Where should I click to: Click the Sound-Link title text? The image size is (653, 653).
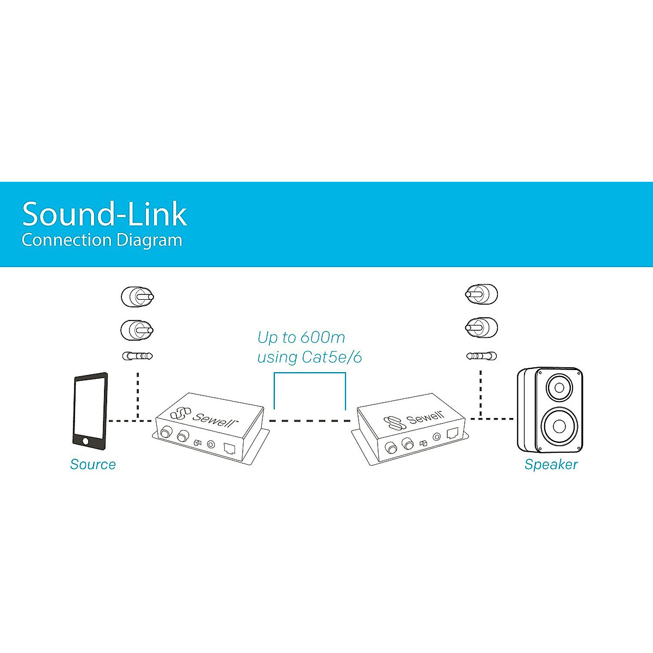pyautogui.click(x=104, y=214)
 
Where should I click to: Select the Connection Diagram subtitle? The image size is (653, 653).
pyautogui.click(x=102, y=240)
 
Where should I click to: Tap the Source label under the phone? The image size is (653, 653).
pyautogui.click(x=93, y=464)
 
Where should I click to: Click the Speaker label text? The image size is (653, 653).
pyautogui.click(x=551, y=464)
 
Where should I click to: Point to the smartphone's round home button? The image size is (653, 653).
pyautogui.click(x=84, y=441)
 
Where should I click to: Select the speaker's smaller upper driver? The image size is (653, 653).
pyautogui.click(x=559, y=388)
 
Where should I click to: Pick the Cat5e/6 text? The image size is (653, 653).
pyautogui.click(x=332, y=358)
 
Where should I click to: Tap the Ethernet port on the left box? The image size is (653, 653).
pyautogui.click(x=230, y=449)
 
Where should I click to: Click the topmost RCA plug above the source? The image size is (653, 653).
pyautogui.click(x=137, y=297)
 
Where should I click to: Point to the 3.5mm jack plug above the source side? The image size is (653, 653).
pyautogui.click(x=137, y=356)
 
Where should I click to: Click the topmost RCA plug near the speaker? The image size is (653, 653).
pyautogui.click(x=482, y=294)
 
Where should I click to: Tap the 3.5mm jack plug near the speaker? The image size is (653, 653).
pyautogui.click(x=482, y=356)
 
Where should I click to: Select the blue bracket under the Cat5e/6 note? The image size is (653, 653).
pyautogui.click(x=310, y=374)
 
